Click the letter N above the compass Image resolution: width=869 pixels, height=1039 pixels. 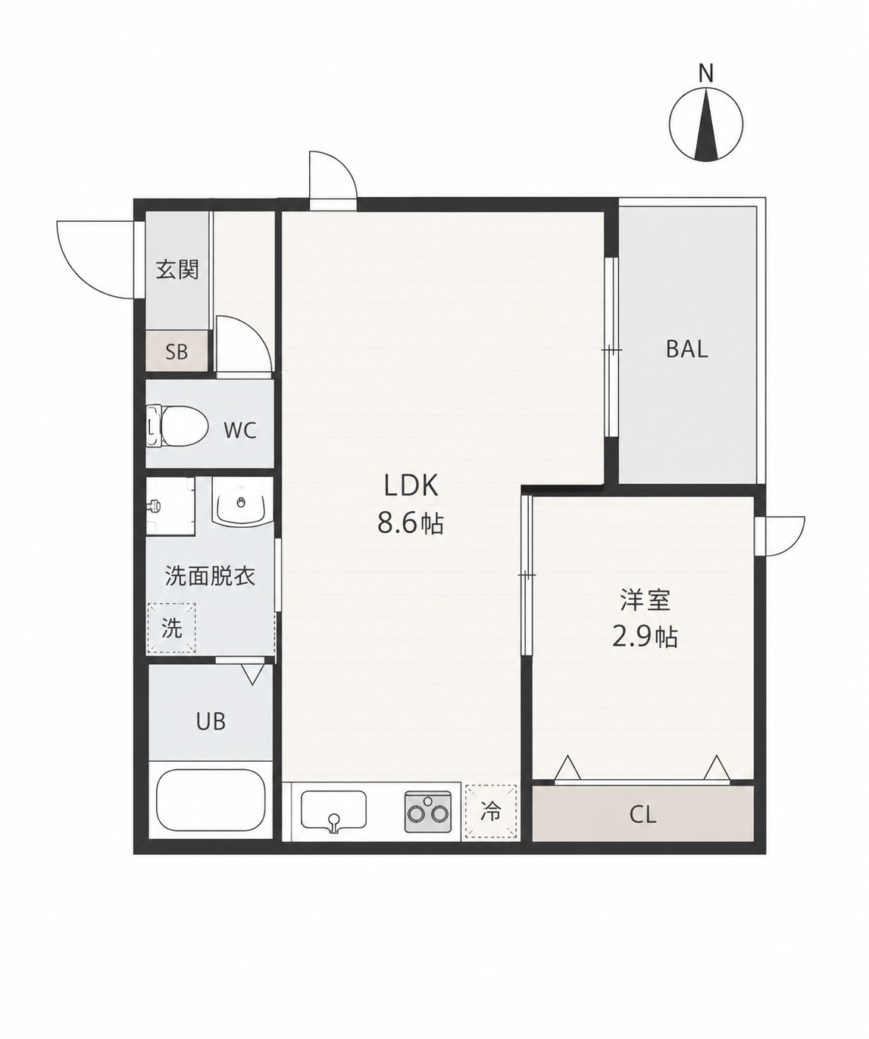706,73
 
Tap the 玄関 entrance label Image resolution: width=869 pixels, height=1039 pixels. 177,270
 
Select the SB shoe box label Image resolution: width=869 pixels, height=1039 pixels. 177,352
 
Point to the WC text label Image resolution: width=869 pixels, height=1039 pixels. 240,430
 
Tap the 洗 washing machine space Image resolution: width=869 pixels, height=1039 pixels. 172,628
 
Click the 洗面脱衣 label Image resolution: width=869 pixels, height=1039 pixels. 210,576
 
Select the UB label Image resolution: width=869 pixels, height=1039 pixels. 211,722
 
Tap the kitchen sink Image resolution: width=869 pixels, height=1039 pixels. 333,811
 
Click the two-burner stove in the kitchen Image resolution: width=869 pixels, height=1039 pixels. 428,812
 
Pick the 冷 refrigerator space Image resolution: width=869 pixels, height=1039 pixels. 490,812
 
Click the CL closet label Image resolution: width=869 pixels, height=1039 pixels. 642,815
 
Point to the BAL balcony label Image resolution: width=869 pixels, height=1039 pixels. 686,349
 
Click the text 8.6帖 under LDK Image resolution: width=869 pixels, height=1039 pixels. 411,523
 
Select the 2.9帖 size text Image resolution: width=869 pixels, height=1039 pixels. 645,637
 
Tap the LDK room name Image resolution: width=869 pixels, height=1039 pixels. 411,485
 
